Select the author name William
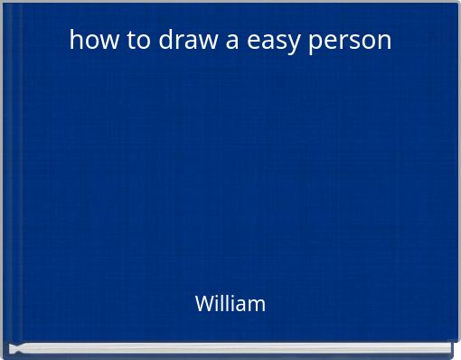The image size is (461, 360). (x=230, y=304)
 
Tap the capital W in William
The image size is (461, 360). (x=204, y=304)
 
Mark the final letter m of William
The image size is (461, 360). (x=258, y=305)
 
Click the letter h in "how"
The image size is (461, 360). (x=75, y=41)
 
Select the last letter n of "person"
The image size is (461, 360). (x=385, y=42)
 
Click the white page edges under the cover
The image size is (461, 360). (x=230, y=350)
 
